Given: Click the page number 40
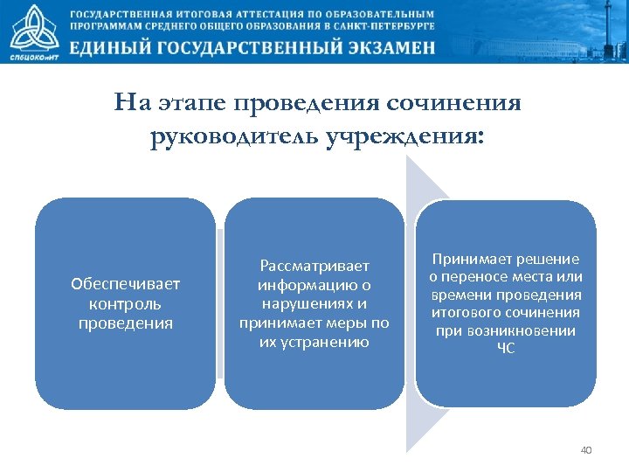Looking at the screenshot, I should (585, 450).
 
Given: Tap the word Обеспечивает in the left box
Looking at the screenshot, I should (125, 284).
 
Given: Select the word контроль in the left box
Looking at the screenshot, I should (125, 303).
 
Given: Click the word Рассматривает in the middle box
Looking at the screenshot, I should (314, 265).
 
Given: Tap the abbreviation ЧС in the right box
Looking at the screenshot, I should (506, 349).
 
